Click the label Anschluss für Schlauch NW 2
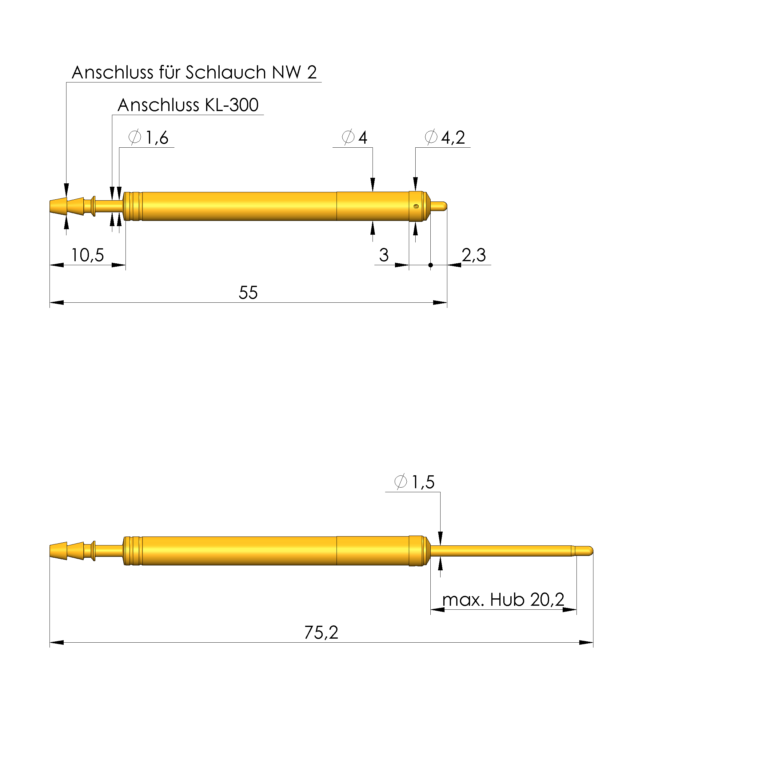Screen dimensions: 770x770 (194, 73)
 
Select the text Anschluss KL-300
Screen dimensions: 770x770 (188, 105)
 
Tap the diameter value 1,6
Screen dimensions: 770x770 (157, 138)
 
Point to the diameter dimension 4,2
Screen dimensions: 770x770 (453, 138)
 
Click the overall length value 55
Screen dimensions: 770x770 (248, 293)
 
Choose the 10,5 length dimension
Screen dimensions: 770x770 (87, 255)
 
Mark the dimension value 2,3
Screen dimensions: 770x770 (473, 255)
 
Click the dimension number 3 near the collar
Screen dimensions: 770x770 (383, 255)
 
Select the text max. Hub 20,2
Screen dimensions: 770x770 (503, 600)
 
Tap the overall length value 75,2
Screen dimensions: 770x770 (321, 632)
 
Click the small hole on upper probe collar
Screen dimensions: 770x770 (416, 206)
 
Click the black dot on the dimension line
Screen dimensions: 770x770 (430, 265)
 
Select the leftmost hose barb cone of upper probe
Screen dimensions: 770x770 (58, 206)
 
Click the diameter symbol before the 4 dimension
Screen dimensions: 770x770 (348, 137)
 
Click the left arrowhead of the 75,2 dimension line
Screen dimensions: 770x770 (57, 642)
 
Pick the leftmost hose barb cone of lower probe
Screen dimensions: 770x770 (58, 551)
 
